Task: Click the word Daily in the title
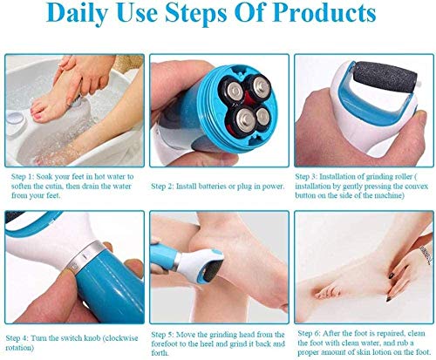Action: (x=77, y=13)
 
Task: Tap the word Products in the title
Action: (x=324, y=12)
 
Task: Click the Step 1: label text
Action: (x=23, y=177)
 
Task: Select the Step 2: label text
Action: (x=162, y=187)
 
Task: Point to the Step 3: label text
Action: (x=306, y=177)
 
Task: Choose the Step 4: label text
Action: (x=17, y=338)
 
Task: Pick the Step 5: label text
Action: (x=162, y=335)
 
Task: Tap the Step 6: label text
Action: (x=309, y=333)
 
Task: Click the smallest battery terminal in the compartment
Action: (x=262, y=116)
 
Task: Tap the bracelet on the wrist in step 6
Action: (x=426, y=255)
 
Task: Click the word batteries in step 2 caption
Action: (x=213, y=187)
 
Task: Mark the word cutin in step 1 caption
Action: (x=54, y=187)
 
